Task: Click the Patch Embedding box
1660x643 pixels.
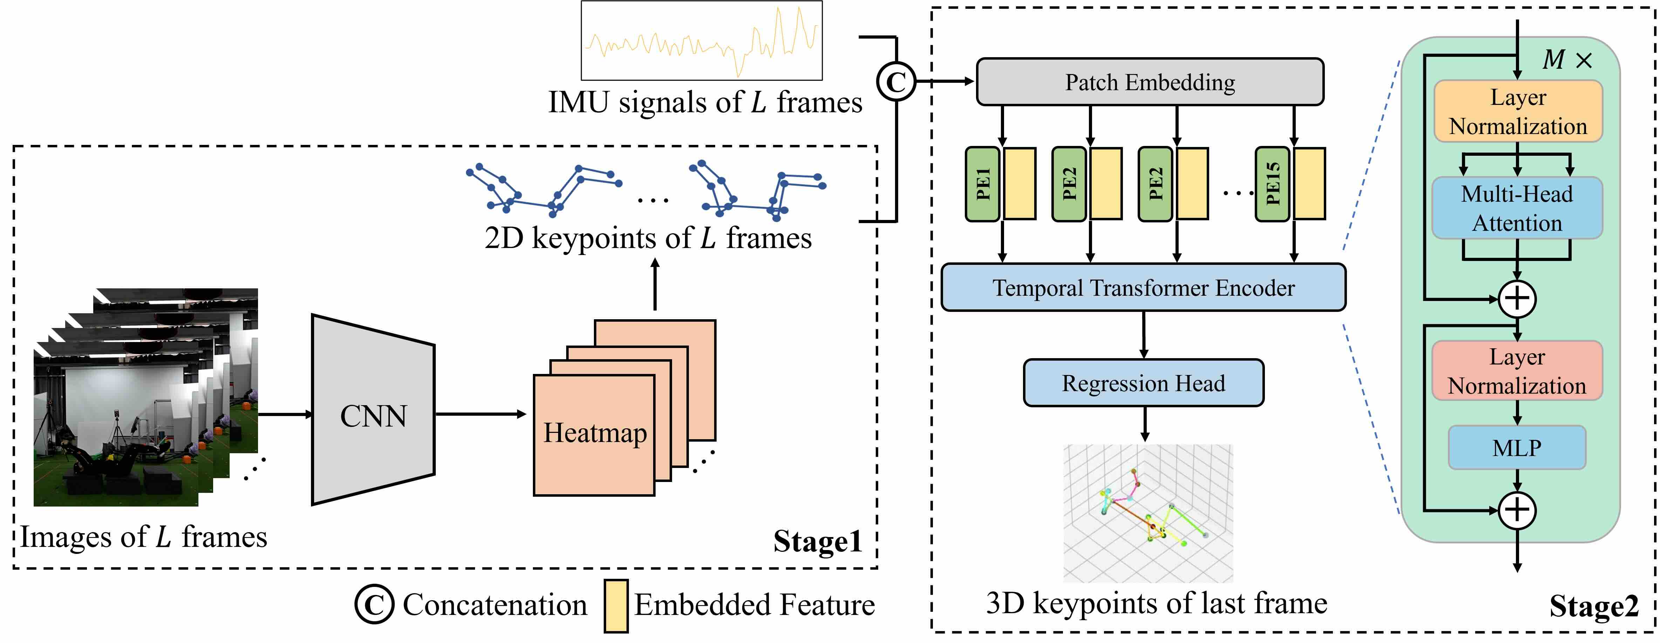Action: [1150, 82]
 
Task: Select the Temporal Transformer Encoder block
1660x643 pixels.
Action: [1143, 288]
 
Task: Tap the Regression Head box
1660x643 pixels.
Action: [1143, 383]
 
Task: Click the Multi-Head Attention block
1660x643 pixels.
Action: [1517, 208]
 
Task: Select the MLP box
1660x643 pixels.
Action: [1517, 448]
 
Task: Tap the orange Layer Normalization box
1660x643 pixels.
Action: [1518, 111]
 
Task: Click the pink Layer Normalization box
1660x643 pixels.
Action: [1517, 371]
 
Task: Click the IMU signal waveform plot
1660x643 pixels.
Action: [702, 41]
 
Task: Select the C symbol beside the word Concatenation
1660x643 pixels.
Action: [374, 604]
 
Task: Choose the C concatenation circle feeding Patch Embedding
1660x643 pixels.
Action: [896, 81]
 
